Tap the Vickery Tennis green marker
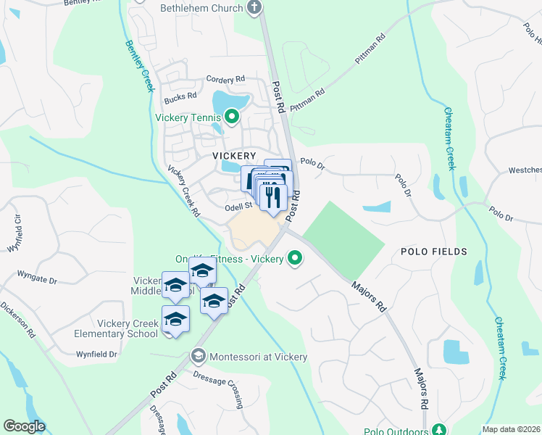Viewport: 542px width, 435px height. pyautogui.click(x=232, y=116)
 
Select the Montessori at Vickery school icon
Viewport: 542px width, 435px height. pyautogui.click(x=198, y=356)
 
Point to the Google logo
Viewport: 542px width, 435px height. pyautogui.click(x=25, y=426)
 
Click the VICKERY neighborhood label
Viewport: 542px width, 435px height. pyautogui.click(x=234, y=156)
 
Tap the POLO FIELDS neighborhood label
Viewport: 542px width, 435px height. pyautogui.click(x=434, y=251)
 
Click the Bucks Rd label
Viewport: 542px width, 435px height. pyautogui.click(x=180, y=96)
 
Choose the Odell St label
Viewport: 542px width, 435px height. pyautogui.click(x=238, y=206)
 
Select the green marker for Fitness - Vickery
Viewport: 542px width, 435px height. pyautogui.click(x=295, y=258)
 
